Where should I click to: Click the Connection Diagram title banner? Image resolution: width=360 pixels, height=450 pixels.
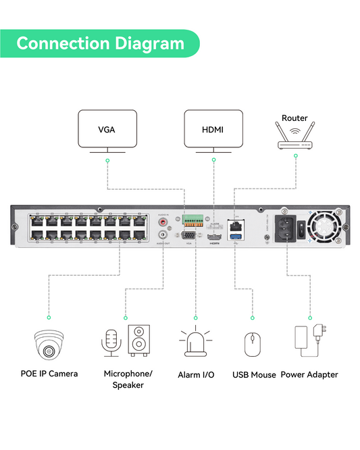point(100,43)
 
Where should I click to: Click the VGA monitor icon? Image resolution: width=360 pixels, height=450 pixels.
point(107,130)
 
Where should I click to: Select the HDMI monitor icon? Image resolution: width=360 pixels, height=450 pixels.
point(213,130)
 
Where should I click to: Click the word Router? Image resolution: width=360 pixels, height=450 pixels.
point(295,118)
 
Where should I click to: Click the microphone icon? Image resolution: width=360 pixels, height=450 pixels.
point(111,342)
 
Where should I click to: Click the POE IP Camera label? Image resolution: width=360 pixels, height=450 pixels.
point(49,374)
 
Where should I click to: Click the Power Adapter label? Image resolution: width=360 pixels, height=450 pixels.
point(309,374)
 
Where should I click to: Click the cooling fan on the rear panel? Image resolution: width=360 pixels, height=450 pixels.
point(328,227)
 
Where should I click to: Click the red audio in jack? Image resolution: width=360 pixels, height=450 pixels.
point(162,221)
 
